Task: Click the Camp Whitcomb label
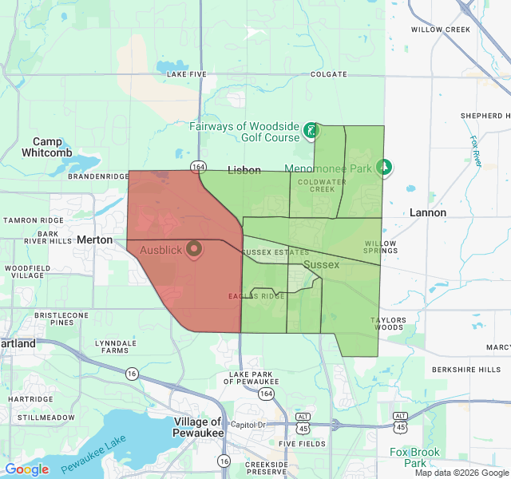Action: tap(47, 147)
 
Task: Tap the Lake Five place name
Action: tap(187, 74)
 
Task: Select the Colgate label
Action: tap(328, 74)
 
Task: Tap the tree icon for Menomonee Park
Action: tap(385, 168)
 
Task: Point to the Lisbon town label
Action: tap(244, 170)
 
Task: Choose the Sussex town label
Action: tap(322, 264)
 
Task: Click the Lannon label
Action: tap(428, 212)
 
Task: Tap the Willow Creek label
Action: tap(441, 30)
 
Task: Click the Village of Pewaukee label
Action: tap(198, 427)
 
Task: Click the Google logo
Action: tap(26, 469)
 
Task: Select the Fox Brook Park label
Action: tap(414, 457)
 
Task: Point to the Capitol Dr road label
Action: tap(248, 424)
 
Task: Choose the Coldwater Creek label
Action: tap(317, 185)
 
